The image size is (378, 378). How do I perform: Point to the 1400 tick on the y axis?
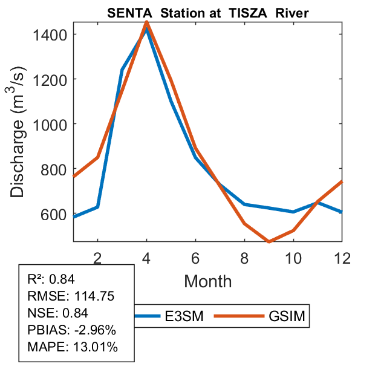[54, 34]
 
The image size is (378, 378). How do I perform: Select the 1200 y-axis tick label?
[54, 79]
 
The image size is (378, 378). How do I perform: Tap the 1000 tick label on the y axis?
[54, 124]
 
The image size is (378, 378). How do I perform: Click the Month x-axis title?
[207, 281]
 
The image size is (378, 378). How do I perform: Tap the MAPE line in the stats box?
[73, 347]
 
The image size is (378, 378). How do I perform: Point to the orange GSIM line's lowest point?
[269, 241]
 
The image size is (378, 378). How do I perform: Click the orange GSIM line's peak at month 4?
[146, 22]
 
